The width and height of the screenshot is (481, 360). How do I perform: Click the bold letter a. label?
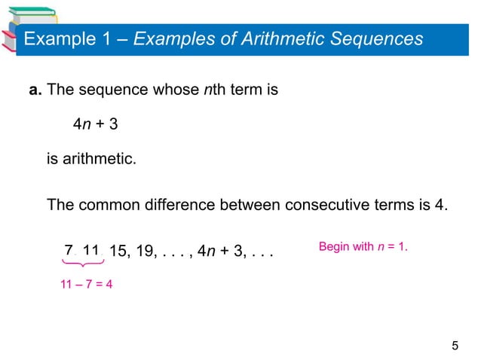click(35, 91)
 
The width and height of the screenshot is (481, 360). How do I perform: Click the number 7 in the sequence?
click(69, 250)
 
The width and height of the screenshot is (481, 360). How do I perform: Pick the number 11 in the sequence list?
click(93, 250)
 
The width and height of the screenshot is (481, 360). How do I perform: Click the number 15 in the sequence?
click(120, 251)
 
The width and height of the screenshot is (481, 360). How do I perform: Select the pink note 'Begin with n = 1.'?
click(363, 246)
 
